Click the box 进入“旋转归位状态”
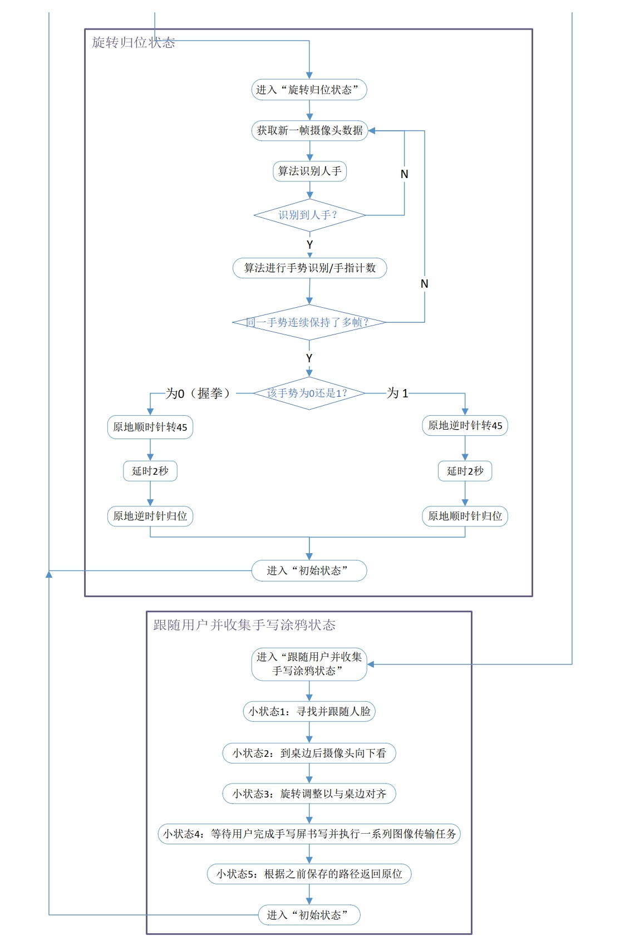click(x=309, y=90)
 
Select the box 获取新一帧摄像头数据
click(x=309, y=130)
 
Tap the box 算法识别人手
click(x=309, y=171)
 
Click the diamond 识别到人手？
click(x=309, y=215)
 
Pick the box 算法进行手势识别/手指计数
click(x=309, y=268)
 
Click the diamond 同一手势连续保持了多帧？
click(x=309, y=322)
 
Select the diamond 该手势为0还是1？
click(x=309, y=393)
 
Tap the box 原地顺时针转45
click(x=150, y=427)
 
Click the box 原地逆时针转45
click(x=465, y=426)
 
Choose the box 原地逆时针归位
click(x=150, y=516)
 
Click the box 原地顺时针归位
click(x=465, y=516)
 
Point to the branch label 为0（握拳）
click(x=198, y=393)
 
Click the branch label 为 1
click(x=398, y=393)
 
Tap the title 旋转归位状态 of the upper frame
click(x=133, y=42)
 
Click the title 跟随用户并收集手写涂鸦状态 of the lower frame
click(x=244, y=625)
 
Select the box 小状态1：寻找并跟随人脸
click(x=309, y=711)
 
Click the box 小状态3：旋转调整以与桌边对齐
click(x=309, y=794)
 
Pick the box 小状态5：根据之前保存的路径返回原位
click(x=309, y=874)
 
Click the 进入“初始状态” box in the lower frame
click(x=309, y=915)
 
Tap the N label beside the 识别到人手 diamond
click(x=405, y=174)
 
